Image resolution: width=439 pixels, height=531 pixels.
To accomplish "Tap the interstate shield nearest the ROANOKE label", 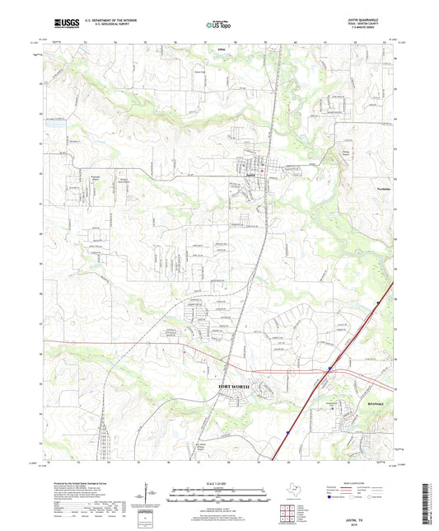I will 330,369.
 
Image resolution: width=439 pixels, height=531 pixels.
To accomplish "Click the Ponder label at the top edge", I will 208,49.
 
